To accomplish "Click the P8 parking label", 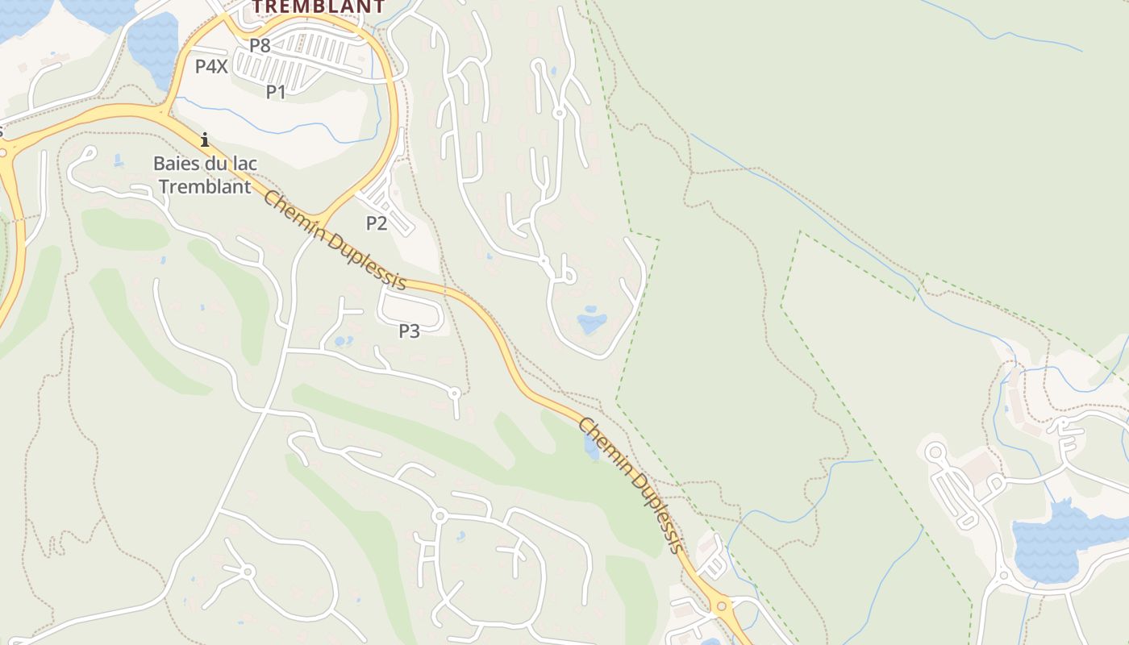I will coord(260,45).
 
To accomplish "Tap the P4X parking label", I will coord(211,66).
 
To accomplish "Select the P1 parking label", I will coord(276,92).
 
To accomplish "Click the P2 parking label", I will coord(377,223).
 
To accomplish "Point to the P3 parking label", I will coord(410,331).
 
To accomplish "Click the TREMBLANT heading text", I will coord(319,6).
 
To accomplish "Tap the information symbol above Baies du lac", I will coord(205,140).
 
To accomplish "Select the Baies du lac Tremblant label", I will coord(205,175).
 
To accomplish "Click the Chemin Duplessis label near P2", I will coord(334,240).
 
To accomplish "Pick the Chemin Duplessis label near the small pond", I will coord(631,485).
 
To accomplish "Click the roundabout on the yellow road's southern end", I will coord(721,605).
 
